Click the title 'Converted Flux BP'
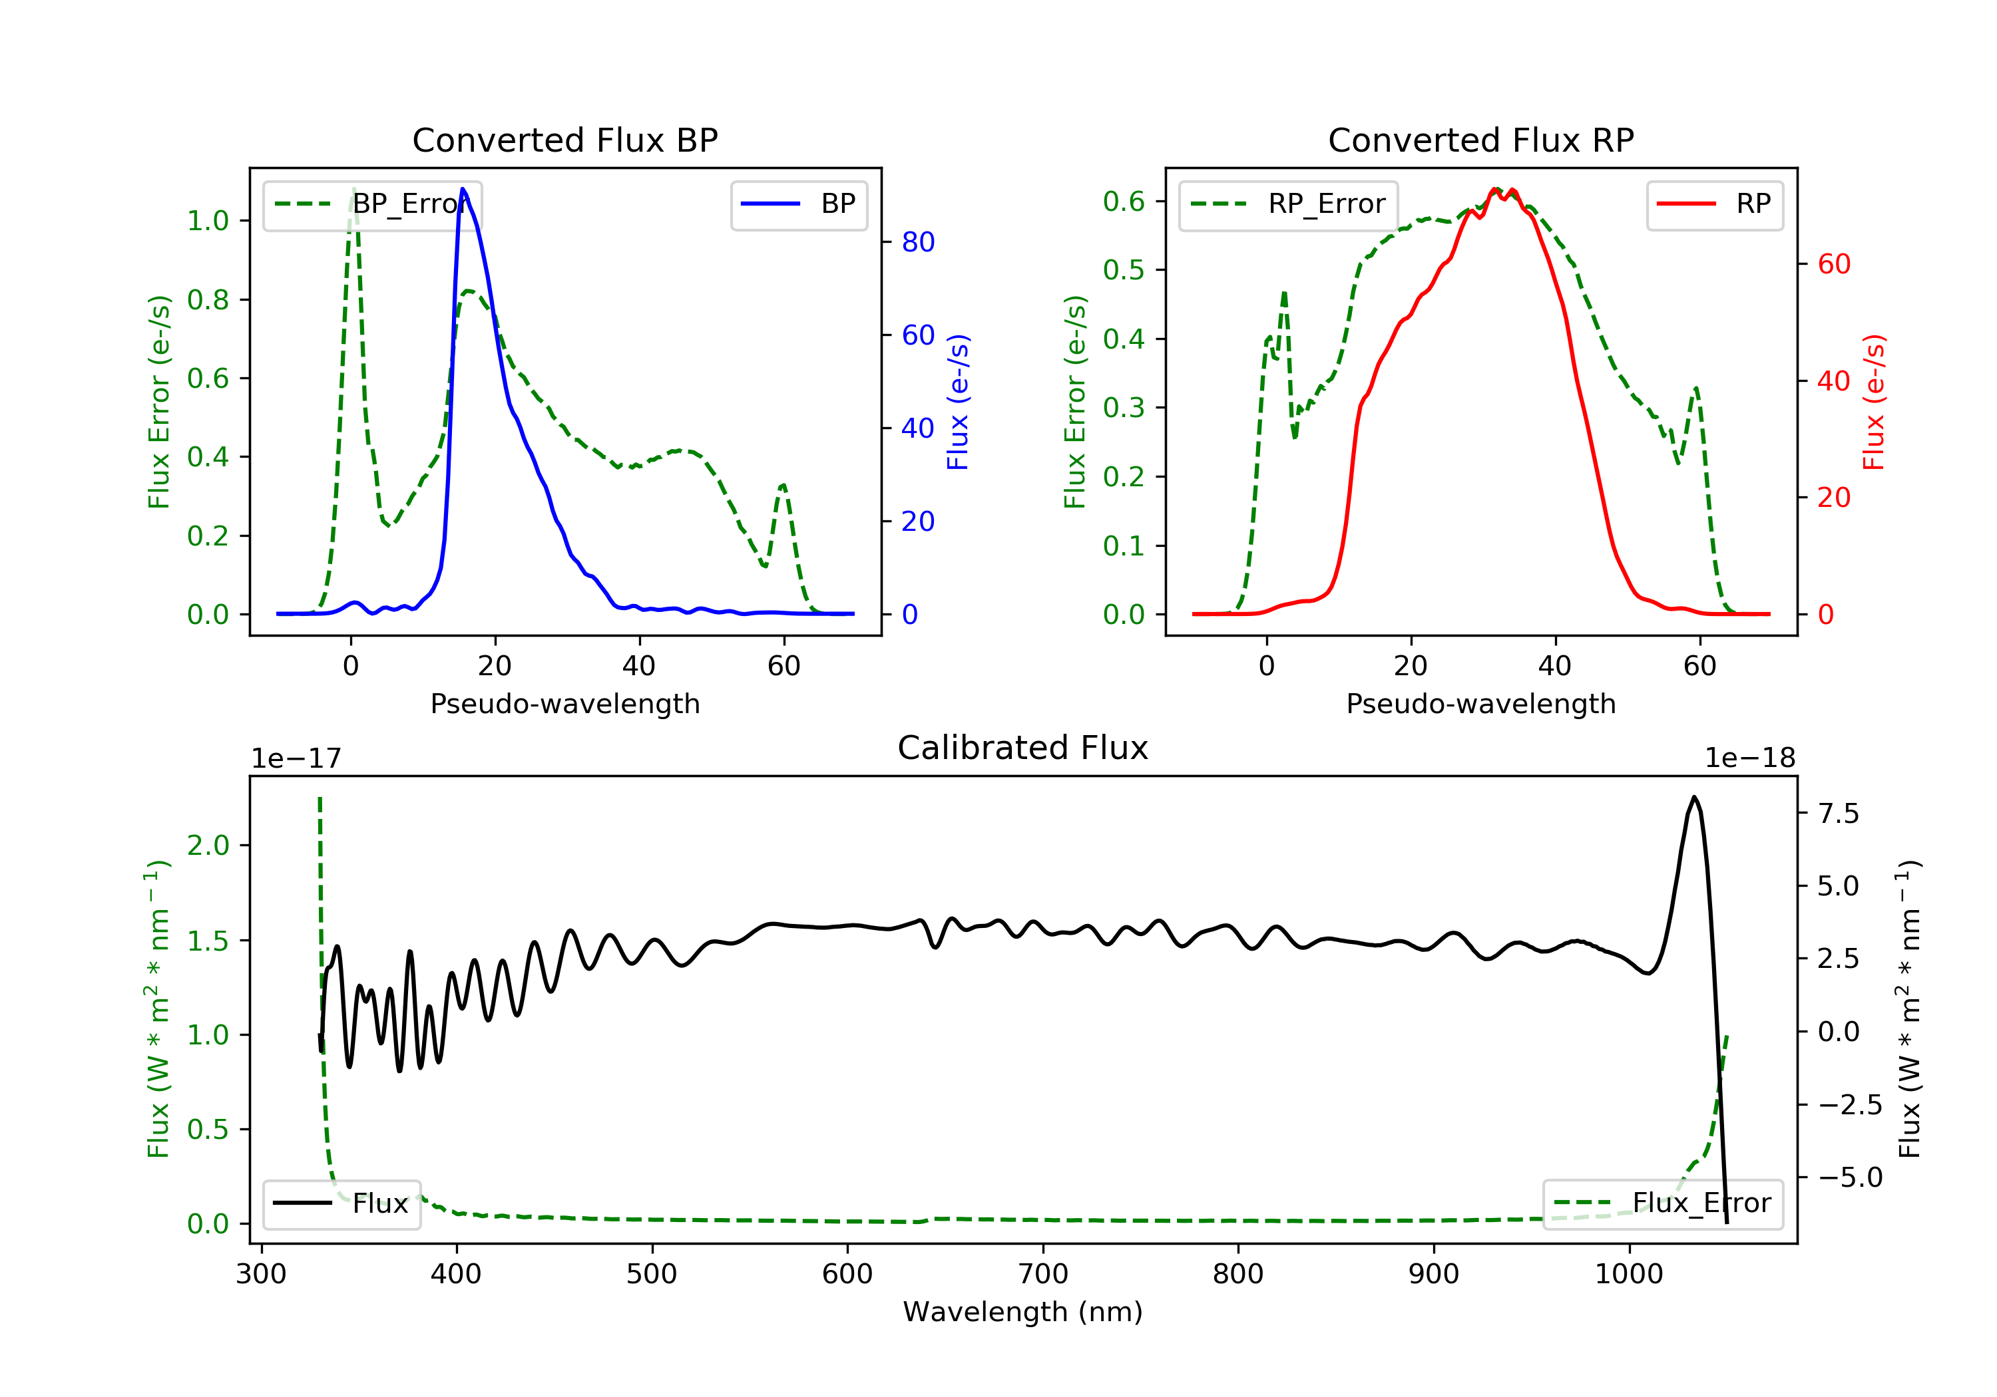pyautogui.click(x=564, y=140)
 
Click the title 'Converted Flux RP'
pyautogui.click(x=1480, y=140)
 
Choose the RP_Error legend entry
pyautogui.click(x=1287, y=204)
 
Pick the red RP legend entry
pyautogui.click(x=1714, y=204)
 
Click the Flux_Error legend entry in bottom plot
pyautogui.click(x=1662, y=1203)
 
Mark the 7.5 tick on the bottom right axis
pyautogui.click(x=1838, y=814)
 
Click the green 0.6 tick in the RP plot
pyautogui.click(x=1123, y=202)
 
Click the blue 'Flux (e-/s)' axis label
pyautogui.click(x=958, y=402)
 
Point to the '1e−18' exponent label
pyautogui.click(x=1749, y=758)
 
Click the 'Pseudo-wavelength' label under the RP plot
pyautogui.click(x=1480, y=703)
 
